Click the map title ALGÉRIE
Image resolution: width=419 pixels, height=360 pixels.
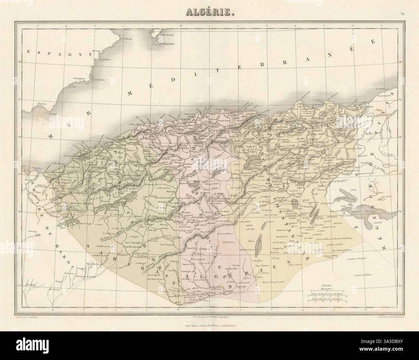click(x=210, y=12)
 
